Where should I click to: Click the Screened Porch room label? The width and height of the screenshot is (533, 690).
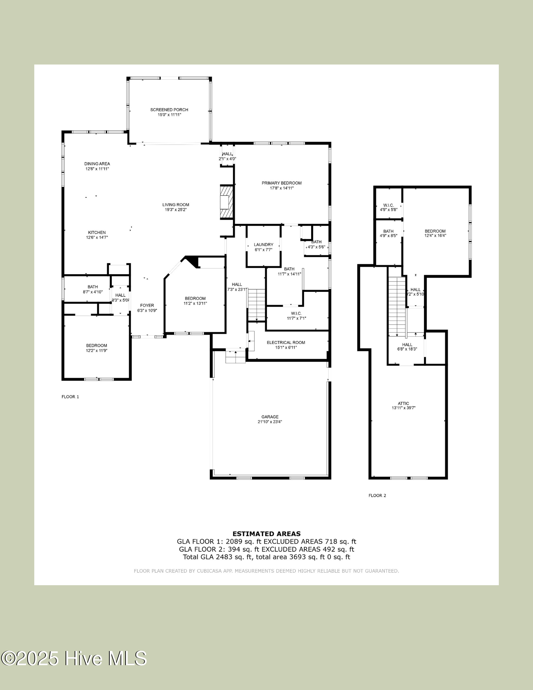169,110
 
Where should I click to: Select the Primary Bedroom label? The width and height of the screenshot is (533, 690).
282,183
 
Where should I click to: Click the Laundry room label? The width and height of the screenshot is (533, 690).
264,245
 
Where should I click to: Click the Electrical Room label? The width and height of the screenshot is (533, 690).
286,343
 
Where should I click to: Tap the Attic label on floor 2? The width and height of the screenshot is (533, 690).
403,403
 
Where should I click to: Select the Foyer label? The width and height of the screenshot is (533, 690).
147,305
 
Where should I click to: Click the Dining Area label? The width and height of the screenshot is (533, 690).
97,164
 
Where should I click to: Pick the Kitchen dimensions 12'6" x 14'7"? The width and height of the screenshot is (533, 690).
97,237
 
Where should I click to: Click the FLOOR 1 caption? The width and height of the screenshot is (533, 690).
70,397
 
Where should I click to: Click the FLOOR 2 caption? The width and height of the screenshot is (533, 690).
377,495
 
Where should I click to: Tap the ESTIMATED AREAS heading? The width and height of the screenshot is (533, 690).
266,534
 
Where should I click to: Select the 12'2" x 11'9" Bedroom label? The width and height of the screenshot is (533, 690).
97,345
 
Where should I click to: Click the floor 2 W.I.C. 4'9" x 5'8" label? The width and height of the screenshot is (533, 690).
388,205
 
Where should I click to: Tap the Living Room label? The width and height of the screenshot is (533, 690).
176,205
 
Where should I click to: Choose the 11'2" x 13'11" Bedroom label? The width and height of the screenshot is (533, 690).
195,298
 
